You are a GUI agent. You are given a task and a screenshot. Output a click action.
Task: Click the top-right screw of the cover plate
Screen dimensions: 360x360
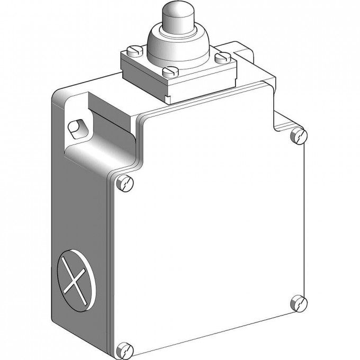(299, 136)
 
